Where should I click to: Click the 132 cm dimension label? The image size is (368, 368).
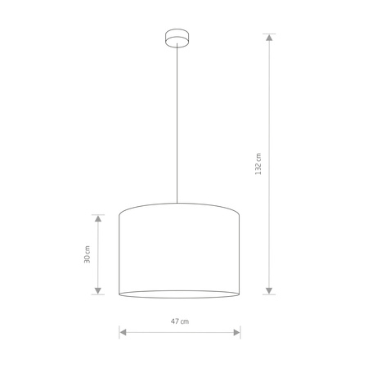coord(258,164)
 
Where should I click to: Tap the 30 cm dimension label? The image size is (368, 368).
coord(87,254)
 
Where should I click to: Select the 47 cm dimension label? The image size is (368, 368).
coord(180,321)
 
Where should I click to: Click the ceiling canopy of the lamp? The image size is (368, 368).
coord(177,38)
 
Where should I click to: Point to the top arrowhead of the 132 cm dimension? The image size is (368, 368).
coord(269,38)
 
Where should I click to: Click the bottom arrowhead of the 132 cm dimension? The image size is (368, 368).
coord(269,291)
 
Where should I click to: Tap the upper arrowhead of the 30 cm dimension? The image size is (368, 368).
coord(98,218)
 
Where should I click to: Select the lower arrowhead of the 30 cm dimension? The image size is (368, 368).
coord(98,291)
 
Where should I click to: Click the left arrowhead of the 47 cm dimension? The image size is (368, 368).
coord(123,332)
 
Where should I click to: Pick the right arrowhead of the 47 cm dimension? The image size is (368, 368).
coord(237,332)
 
